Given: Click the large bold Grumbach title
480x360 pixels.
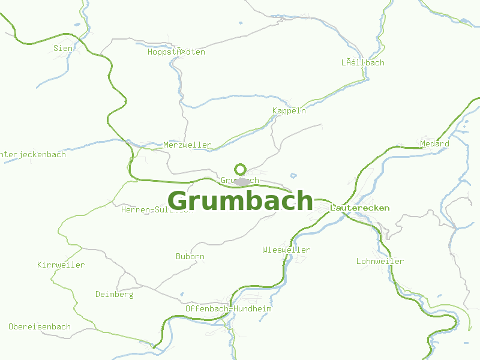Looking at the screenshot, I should [240, 201].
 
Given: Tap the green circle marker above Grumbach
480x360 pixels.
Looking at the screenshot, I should [241, 169].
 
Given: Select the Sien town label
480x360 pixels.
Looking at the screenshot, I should [63, 48].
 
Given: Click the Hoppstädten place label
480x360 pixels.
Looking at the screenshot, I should [176, 52].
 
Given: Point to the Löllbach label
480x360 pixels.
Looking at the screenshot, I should [363, 62].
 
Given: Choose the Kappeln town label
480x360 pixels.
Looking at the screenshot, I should [289, 110].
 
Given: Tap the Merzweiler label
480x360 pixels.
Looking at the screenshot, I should [187, 145].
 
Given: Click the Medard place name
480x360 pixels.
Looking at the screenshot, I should [434, 144].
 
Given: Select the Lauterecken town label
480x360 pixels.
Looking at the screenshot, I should [360, 208].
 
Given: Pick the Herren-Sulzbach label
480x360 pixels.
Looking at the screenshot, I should [157, 209].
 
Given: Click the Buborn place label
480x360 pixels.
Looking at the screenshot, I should [190, 256].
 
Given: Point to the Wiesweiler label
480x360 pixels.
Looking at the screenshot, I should [286, 250].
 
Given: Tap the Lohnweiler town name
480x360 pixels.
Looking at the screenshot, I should [380, 261].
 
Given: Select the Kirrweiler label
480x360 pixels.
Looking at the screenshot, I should [61, 265].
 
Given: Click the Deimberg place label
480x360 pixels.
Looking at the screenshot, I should [115, 294].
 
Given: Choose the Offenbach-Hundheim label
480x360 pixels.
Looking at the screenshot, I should [229, 308].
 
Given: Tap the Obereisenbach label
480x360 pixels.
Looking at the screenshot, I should [40, 327].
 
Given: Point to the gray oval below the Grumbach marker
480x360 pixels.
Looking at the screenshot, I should [242, 181].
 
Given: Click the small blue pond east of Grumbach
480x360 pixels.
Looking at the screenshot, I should [293, 176].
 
